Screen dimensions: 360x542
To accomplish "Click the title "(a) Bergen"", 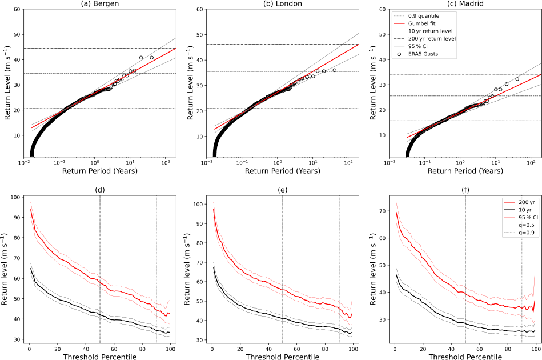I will (x=100, y=5).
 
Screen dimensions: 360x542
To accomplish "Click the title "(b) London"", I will (x=282, y=5).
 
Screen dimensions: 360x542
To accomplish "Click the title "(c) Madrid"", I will (x=465, y=5).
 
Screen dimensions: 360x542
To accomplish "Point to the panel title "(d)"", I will (x=100, y=190).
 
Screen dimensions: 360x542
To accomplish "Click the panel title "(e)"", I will (x=282, y=190).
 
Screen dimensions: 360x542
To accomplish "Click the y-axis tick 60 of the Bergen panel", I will (x=18, y=10).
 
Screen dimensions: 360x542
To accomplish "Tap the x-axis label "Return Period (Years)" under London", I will (x=282, y=170).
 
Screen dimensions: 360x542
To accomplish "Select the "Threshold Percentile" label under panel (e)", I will (x=282, y=355).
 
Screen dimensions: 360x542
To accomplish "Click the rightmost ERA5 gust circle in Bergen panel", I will (x=152, y=58).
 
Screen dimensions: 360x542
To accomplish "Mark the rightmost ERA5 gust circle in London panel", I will (x=335, y=70).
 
